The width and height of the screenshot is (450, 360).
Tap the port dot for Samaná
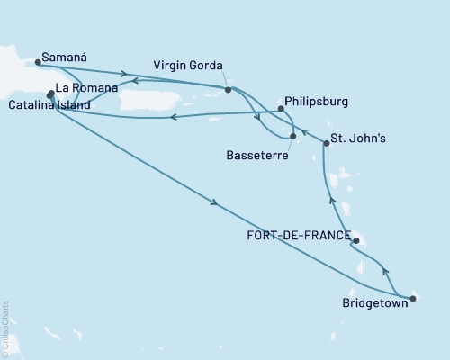pos(38,63)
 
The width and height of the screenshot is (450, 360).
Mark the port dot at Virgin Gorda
pos(228,90)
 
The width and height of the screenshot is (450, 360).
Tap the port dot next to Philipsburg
pos(281,109)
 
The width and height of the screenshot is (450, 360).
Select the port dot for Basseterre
pos(293,137)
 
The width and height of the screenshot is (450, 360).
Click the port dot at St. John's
pos(326,144)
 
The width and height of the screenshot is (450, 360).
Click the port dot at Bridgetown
pos(413,298)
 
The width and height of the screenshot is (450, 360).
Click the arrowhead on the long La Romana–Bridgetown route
pos(214,203)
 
